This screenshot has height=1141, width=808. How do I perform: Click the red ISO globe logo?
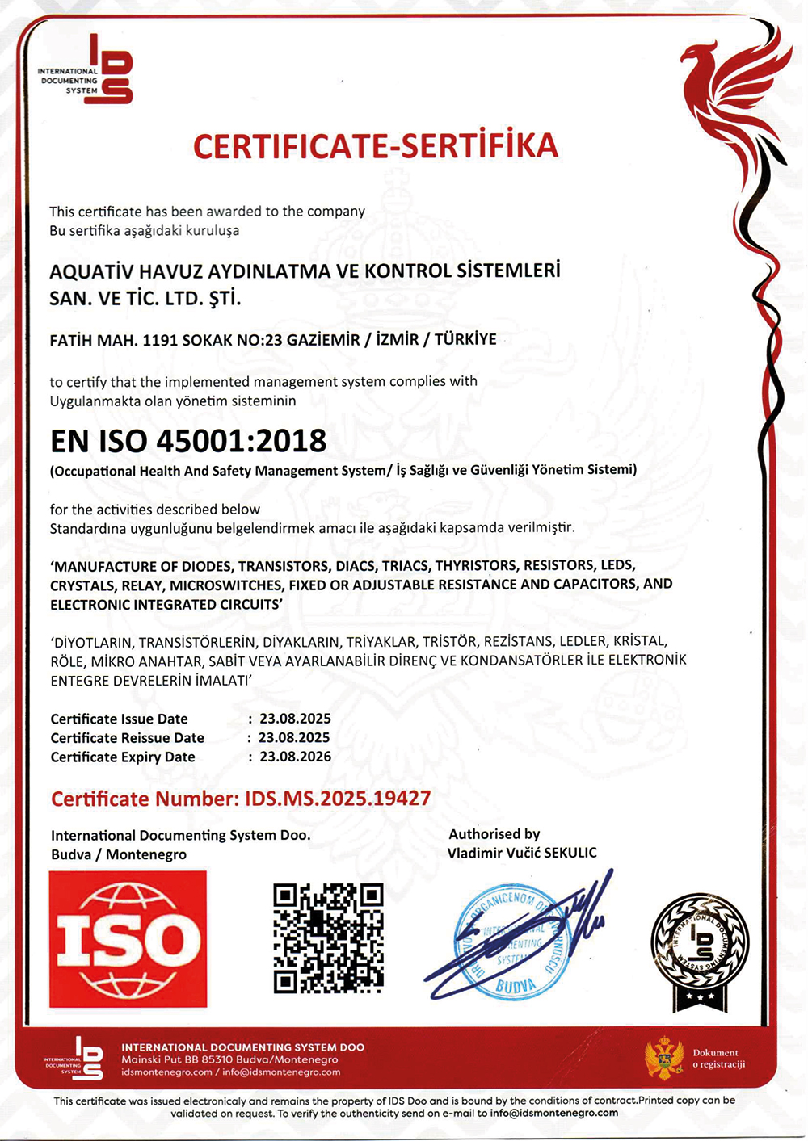coord(128,938)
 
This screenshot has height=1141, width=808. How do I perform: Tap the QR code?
coord(327,938)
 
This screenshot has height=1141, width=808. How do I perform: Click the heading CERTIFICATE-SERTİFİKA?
coord(376,146)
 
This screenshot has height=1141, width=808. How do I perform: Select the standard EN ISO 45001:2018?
coord(188,441)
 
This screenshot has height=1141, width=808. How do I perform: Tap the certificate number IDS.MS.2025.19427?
coord(337,799)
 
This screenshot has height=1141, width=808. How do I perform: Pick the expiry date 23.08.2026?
coord(295,757)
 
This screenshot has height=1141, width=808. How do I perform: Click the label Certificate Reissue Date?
coord(127,737)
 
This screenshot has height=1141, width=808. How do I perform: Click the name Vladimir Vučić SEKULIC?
coord(522,853)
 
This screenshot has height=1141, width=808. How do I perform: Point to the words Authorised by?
coord(494,834)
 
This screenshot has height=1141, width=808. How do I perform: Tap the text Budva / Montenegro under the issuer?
coord(119,854)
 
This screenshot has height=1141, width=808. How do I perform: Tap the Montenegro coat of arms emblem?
coord(664,1059)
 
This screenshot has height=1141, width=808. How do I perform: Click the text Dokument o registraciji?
coord(718,1059)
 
